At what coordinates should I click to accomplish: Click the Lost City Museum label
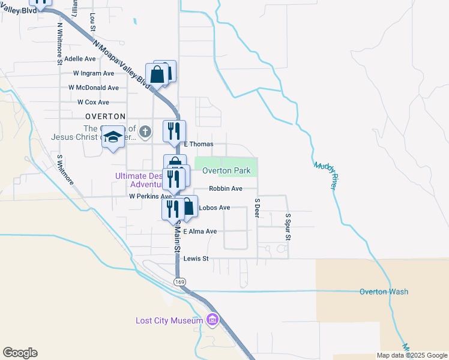point(170,320)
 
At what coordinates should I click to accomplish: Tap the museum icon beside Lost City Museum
point(211,320)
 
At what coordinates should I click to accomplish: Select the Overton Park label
point(226,171)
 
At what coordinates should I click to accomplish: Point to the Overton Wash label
point(384,292)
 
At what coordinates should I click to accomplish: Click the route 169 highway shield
point(179,281)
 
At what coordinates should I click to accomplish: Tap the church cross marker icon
point(145,131)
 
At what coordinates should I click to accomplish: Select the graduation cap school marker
point(112,137)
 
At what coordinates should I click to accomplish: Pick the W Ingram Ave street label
point(94,73)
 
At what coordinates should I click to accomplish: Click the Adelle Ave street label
point(80,59)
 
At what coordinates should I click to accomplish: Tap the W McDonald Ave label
point(94,88)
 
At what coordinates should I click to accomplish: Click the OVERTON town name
point(105,116)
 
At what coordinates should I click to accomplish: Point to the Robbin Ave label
point(226,188)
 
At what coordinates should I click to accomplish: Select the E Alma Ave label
point(200,232)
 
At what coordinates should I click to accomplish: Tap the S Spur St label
point(288,227)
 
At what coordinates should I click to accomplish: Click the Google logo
point(20,353)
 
